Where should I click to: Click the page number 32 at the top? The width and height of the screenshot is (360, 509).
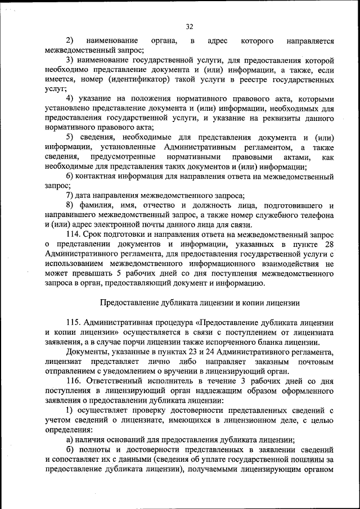[x=190, y=26]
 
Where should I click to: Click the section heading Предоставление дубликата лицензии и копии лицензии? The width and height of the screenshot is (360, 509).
[x=200, y=302]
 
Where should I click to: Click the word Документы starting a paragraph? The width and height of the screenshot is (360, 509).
[x=87, y=352]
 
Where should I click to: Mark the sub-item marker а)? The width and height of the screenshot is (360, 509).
[x=70, y=439]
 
